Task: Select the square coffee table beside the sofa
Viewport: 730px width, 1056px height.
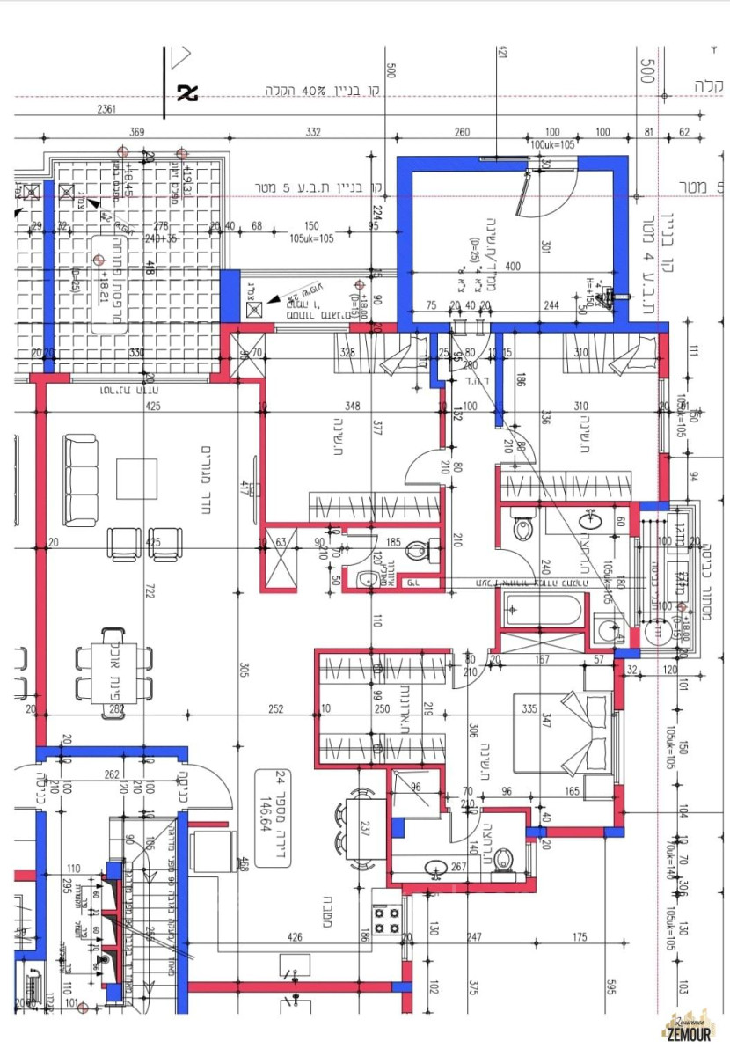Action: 136,479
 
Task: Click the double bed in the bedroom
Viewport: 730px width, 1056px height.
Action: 563,732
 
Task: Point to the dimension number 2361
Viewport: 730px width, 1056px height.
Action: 107,110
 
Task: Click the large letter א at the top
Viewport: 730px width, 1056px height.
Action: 187,92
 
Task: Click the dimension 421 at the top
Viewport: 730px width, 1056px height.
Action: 503,55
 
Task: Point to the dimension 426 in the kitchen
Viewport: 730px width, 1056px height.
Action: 295,937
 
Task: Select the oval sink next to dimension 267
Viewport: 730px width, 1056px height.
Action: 436,869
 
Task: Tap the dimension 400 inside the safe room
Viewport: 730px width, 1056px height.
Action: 514,266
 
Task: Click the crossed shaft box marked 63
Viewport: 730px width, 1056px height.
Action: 282,561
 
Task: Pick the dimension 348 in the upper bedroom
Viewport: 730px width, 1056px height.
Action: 352,407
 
